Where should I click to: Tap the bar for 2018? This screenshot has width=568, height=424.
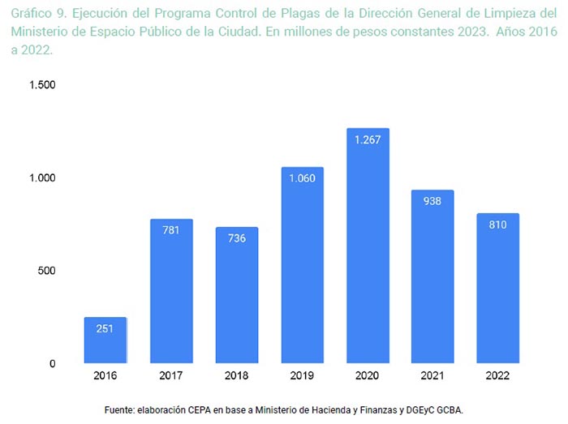click(236, 296)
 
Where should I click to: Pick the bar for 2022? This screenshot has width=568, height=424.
click(497, 289)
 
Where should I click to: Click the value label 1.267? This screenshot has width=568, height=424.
click(368, 139)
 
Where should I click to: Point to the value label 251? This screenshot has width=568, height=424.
click(105, 328)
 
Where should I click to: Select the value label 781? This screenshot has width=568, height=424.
click(171, 230)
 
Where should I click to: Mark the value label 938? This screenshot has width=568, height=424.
click(432, 202)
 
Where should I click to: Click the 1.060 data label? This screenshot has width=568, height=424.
click(302, 179)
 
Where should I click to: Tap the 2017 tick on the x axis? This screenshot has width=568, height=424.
click(171, 378)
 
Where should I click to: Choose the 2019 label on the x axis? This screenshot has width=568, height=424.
click(302, 378)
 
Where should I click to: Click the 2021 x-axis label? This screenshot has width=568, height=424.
click(432, 378)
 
